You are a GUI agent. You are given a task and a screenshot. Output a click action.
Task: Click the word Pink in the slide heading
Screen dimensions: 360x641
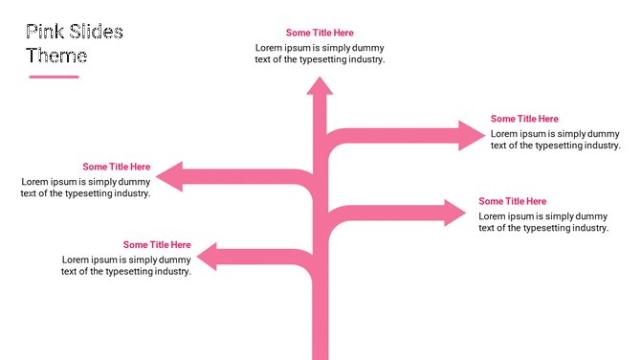44,33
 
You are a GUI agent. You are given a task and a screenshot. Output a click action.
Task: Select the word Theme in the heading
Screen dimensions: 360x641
56,56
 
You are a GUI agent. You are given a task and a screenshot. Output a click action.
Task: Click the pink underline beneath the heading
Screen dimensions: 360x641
54,77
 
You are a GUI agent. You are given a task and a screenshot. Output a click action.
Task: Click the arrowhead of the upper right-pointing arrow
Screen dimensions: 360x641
473,135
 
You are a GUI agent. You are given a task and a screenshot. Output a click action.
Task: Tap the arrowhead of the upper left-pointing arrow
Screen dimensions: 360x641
169,176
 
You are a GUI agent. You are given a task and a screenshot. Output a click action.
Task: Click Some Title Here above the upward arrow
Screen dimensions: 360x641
320,33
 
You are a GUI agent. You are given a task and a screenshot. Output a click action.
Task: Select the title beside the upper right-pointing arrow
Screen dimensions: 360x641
524,119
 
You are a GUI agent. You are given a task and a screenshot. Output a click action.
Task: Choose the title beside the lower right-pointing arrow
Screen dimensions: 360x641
513,201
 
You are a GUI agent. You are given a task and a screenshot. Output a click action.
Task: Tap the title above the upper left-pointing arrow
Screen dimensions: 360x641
116,167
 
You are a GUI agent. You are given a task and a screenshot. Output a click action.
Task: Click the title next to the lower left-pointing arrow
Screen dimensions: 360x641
157,245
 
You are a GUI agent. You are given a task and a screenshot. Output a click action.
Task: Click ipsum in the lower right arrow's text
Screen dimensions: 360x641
521,216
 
